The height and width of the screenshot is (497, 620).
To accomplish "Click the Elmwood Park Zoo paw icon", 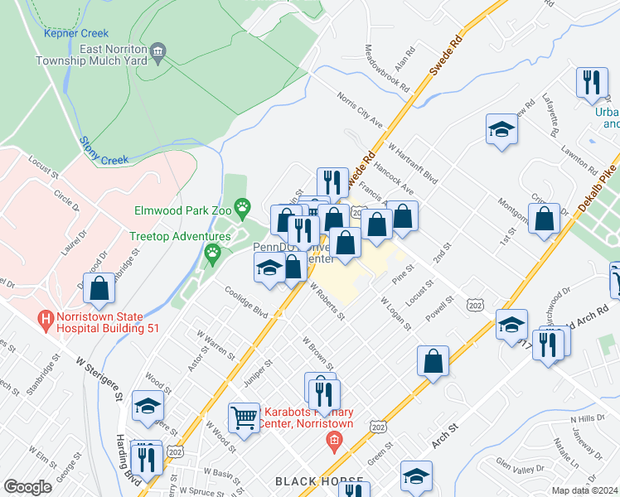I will click(x=242, y=205).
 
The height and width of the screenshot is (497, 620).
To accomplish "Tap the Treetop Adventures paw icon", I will click(x=214, y=251).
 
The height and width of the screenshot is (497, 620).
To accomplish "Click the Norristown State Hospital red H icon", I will click(x=46, y=317).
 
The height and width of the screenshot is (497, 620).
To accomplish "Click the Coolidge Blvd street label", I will click(x=247, y=302).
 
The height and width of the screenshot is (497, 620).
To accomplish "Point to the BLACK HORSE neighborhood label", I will click(x=319, y=482).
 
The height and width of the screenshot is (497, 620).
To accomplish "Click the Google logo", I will click(x=27, y=486).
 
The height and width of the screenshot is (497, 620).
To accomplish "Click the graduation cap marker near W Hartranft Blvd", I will click(x=501, y=130).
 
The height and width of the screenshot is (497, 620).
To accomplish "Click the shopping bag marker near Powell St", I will click(x=434, y=361).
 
